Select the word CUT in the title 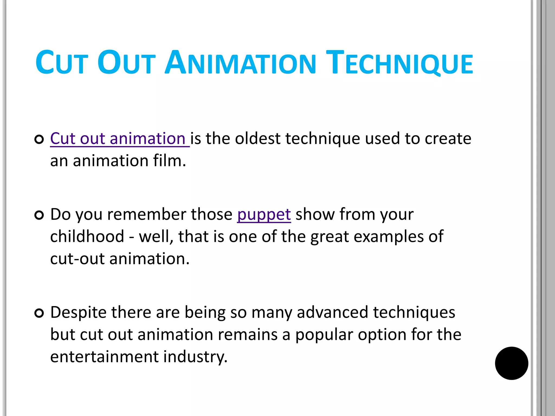click(62, 63)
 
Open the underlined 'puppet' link click(264, 214)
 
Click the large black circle click(511, 363)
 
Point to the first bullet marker click(39, 139)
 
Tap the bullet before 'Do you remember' click(39, 215)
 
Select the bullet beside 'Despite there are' click(39, 313)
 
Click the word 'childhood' click(87, 236)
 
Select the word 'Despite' click(78, 313)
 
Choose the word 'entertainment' click(104, 357)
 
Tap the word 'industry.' click(195, 357)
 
